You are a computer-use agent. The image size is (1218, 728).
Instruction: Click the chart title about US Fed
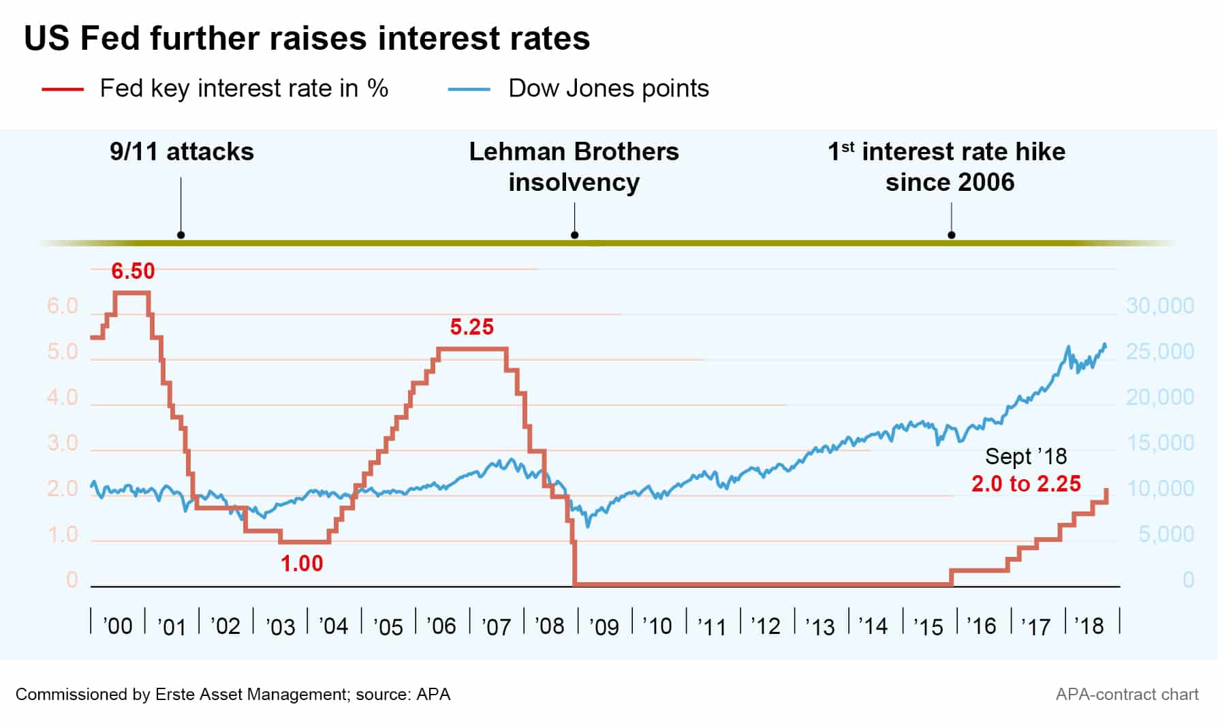coord(307,38)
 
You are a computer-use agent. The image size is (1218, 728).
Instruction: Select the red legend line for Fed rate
coord(63,89)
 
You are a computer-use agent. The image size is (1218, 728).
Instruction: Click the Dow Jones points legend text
coord(608,89)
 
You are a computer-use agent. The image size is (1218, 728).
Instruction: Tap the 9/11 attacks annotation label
coord(181,152)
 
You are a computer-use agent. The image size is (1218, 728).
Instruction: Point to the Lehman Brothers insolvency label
coord(574,167)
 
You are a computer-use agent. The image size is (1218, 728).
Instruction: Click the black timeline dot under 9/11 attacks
coord(181,235)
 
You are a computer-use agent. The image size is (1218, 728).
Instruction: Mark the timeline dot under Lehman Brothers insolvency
coord(574,235)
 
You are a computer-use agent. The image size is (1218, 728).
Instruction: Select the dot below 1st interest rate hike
coord(952,235)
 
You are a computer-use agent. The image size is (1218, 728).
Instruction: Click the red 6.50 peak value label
coord(133,271)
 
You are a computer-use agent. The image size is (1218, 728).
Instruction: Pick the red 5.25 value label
coord(471,327)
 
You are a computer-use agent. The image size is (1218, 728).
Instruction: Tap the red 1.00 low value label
coord(302,564)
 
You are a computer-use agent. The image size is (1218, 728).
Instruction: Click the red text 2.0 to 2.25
coord(1026,484)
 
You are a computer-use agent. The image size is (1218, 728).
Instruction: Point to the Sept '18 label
coord(1026,456)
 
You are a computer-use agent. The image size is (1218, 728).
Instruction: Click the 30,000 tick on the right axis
coord(1159,306)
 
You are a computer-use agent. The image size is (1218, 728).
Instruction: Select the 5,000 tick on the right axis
coord(1166,534)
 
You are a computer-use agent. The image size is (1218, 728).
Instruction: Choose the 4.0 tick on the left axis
coord(63,397)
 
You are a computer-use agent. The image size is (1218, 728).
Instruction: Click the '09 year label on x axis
coord(604,626)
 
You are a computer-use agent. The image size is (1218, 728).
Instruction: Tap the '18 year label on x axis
coord(1089,626)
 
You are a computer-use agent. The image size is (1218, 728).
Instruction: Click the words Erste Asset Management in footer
coord(252,695)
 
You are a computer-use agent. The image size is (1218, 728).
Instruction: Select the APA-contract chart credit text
coord(1127,695)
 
